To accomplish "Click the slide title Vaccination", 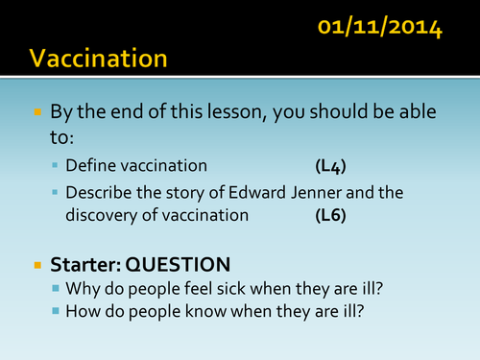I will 98,60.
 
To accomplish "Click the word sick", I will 242,287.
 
